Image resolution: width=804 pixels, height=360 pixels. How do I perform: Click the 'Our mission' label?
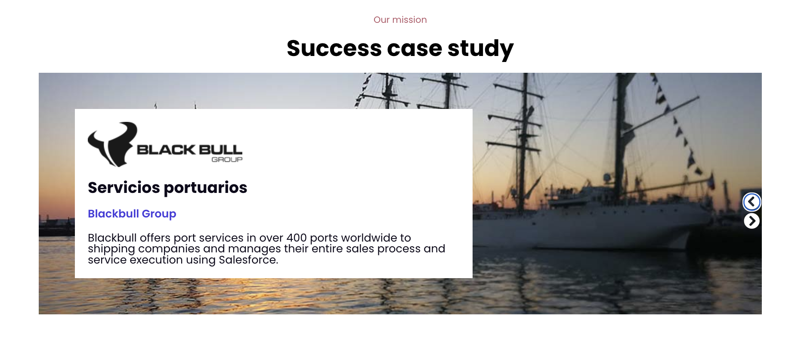400,20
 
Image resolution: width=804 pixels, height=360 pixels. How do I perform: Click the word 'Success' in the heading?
334,48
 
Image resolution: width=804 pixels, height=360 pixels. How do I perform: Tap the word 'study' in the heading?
480,49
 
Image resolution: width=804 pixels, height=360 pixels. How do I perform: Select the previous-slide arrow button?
751,202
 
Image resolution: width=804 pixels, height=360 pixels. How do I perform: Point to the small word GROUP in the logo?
227,159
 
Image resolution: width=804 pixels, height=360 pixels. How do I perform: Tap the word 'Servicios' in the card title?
124,188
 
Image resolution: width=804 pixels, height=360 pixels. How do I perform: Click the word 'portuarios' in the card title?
205,188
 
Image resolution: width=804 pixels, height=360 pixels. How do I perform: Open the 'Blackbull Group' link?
132,214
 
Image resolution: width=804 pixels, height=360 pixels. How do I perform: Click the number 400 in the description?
297,238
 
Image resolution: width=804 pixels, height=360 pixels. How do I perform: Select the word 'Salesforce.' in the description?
248,260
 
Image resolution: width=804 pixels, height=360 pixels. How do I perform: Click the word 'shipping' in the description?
111,249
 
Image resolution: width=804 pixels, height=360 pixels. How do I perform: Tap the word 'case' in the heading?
414,48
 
